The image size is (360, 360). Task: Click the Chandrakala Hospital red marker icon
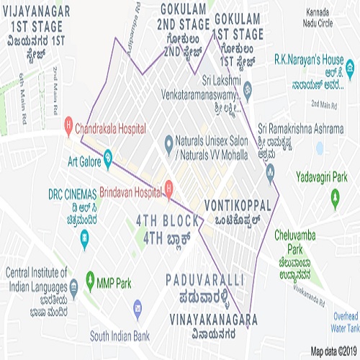[x=68, y=123]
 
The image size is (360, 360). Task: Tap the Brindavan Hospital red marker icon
[x=168, y=189]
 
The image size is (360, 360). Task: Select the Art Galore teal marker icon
[x=107, y=156]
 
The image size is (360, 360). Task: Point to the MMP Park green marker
[x=90, y=277]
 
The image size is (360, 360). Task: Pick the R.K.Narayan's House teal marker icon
[x=350, y=70]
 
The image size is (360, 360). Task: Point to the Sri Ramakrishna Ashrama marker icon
[x=270, y=171]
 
